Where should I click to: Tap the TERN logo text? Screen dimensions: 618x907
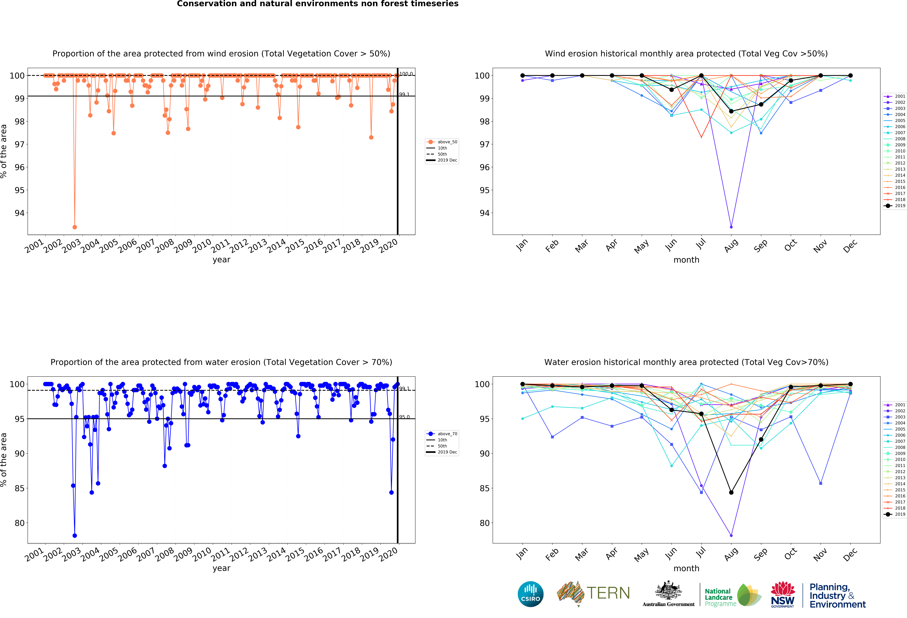pos(608,593)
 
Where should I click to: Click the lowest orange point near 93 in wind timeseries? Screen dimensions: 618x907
pos(75,227)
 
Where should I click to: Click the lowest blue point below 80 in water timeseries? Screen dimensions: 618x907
pos(75,536)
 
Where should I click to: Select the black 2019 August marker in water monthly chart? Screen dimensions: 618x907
pos(731,492)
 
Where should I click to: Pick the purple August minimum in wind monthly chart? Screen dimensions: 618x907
pos(731,227)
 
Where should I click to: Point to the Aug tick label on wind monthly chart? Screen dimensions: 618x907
pos(731,245)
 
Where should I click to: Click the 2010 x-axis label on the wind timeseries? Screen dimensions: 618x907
pos(202,246)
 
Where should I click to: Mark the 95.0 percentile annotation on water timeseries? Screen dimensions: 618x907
pos(404,417)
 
